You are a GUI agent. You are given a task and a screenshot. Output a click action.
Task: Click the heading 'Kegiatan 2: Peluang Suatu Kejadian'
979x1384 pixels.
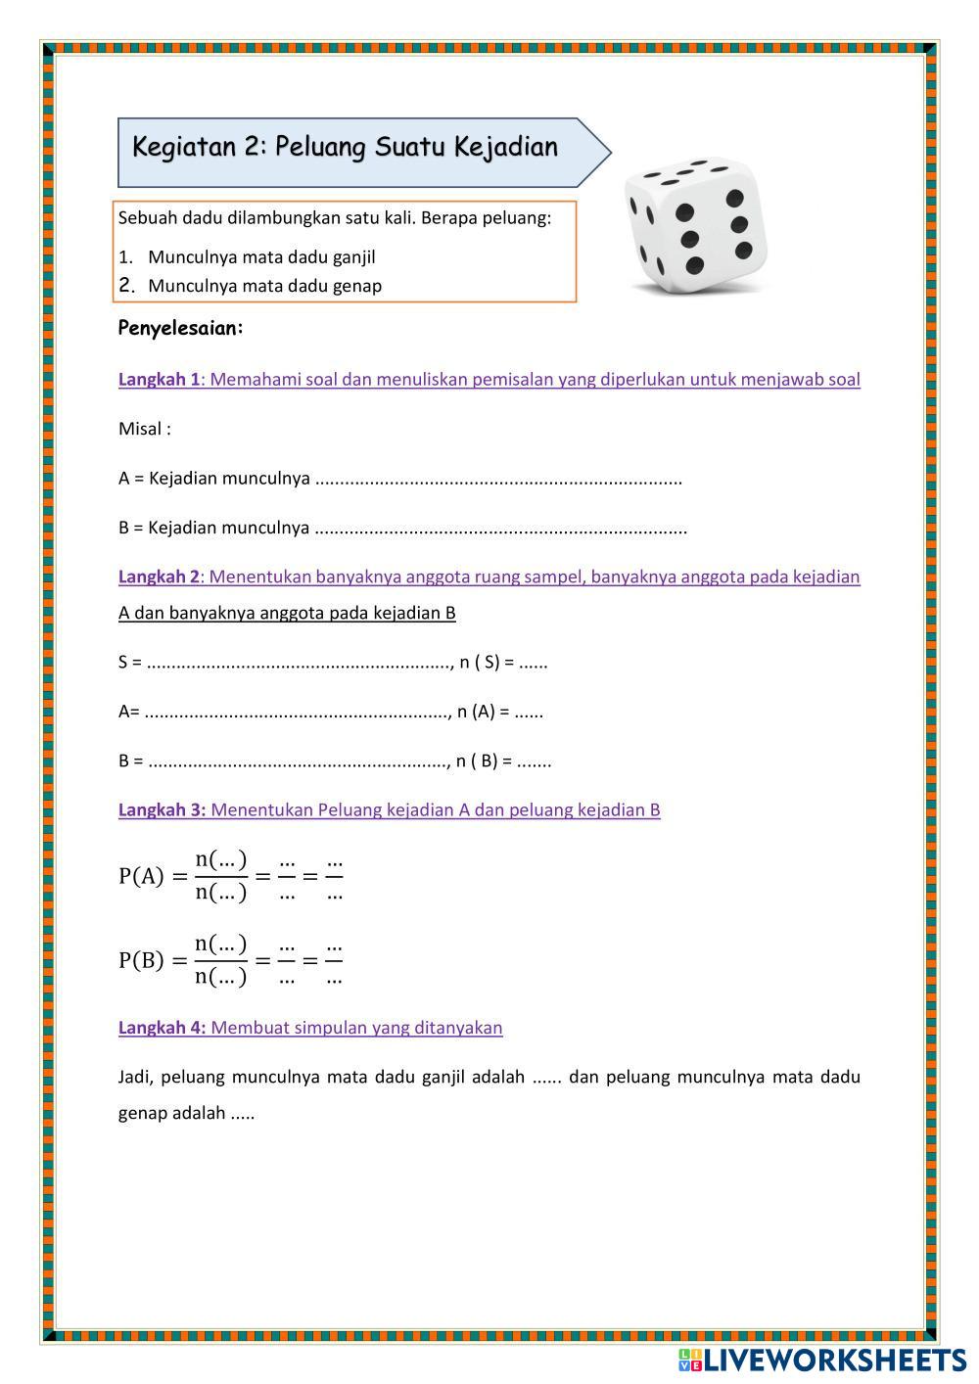tap(346, 148)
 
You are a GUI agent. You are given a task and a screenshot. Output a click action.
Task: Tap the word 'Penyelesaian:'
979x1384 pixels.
tap(180, 328)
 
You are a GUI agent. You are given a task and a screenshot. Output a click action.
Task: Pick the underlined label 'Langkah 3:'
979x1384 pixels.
tap(162, 810)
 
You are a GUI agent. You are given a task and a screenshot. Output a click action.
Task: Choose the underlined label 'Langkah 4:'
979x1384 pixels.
tap(162, 1028)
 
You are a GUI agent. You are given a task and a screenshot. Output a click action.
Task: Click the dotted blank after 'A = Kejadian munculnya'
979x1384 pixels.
tap(499, 480)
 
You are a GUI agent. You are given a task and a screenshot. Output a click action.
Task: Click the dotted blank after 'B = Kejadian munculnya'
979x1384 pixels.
tap(501, 529)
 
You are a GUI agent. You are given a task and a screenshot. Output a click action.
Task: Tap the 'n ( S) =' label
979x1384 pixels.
tap(487, 663)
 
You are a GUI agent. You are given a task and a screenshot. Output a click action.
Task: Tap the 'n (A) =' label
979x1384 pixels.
tap(483, 712)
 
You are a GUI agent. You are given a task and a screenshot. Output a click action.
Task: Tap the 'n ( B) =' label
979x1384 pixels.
tap(484, 761)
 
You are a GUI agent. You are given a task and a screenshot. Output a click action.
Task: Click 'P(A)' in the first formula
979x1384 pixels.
tap(141, 876)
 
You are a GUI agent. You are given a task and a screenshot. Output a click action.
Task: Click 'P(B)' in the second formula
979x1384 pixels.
tap(141, 960)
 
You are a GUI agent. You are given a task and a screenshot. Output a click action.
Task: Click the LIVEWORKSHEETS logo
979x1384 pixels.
tap(821, 1360)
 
